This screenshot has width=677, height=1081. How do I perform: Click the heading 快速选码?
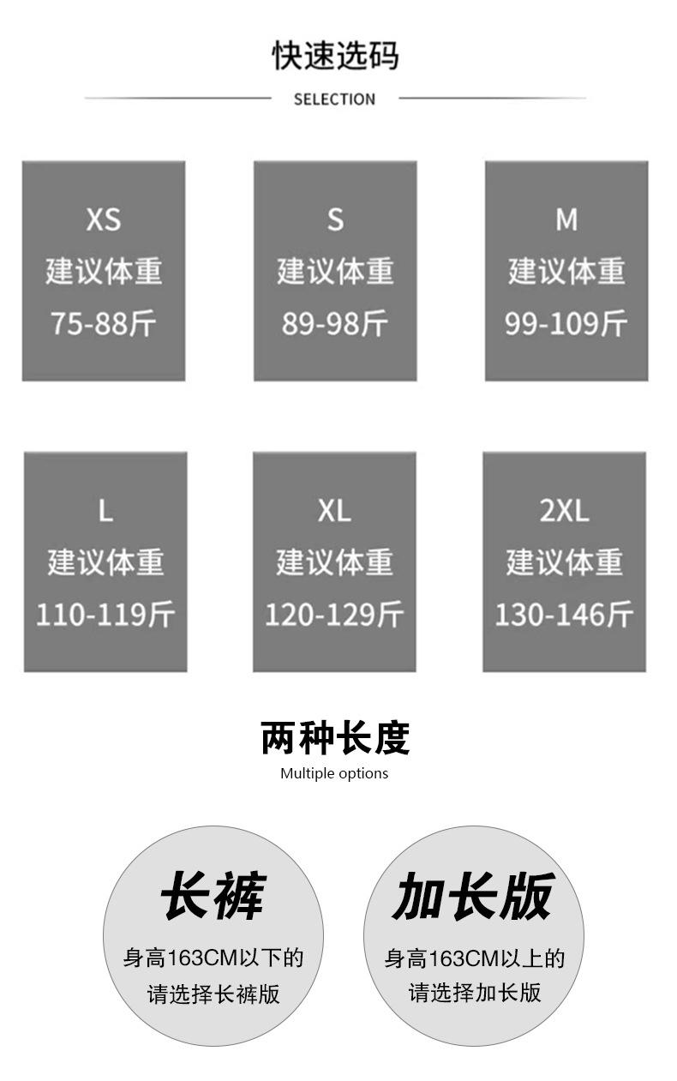coord(335,56)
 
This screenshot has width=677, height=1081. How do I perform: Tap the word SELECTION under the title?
coord(334,99)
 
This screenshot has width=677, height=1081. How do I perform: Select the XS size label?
coord(104,220)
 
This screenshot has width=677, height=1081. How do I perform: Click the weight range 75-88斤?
coord(104,323)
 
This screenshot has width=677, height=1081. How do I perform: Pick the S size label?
coord(335,220)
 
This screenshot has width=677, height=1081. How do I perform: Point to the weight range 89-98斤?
coord(335,323)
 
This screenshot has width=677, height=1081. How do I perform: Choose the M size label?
coord(566,220)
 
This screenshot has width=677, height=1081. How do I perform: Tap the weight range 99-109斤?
coord(566,323)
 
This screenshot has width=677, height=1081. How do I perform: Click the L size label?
coord(105,512)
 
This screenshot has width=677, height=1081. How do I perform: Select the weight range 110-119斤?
coord(105,615)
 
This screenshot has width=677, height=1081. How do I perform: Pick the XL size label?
coord(334,512)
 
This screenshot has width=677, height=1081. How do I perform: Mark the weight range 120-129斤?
coord(334,615)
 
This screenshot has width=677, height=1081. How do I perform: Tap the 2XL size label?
coord(564,512)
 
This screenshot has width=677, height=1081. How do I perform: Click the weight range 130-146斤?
coord(564,615)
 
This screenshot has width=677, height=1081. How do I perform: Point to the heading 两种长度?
coord(335,738)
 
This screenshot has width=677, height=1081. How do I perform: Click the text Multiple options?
coord(334,773)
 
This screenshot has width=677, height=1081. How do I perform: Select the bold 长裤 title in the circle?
coord(213,897)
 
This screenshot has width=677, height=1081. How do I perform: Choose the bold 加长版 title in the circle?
coord(474,897)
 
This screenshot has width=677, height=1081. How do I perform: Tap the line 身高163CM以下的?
coord(213,958)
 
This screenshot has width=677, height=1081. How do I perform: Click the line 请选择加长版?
coord(475,993)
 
